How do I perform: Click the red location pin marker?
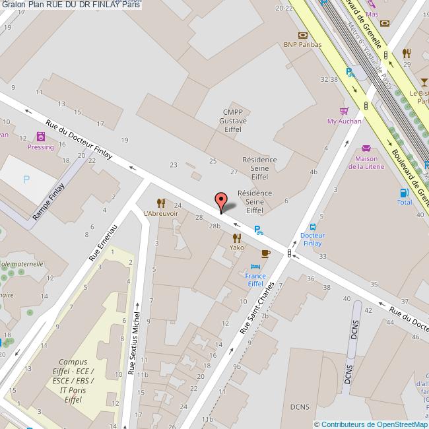[221, 201]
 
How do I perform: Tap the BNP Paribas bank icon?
[302, 35]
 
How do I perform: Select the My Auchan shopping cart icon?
[343, 111]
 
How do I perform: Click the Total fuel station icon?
[403, 192]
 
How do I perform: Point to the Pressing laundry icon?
[41, 137]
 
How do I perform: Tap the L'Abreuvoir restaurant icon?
[160, 203]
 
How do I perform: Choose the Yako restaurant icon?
[236, 238]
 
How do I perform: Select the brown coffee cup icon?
[265, 253]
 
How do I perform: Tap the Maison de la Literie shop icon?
[366, 148]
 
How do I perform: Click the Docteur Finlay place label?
[312, 239]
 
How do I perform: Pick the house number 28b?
[214, 226]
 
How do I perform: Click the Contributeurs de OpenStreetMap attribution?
[371, 424]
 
